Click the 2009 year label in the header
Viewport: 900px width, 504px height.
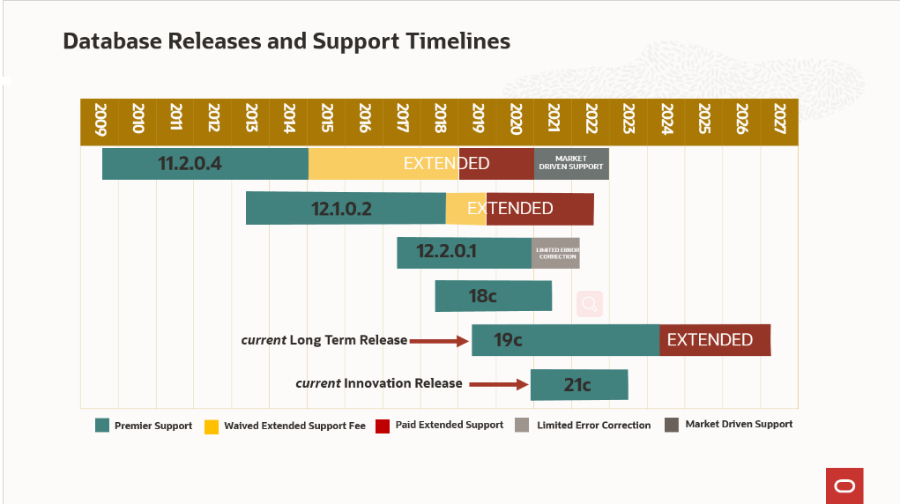tap(100, 118)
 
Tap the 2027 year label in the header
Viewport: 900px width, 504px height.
tap(779, 118)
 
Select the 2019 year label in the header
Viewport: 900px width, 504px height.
tap(478, 118)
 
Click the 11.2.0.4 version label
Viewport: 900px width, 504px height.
tap(190, 164)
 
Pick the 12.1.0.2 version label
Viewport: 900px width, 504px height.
tap(341, 209)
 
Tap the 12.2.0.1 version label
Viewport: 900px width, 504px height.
tap(446, 252)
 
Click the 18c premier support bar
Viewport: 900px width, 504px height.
tap(493, 296)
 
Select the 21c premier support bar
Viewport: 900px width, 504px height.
tap(578, 385)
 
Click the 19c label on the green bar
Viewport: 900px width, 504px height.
tap(508, 340)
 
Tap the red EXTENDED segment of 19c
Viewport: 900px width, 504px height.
tap(714, 340)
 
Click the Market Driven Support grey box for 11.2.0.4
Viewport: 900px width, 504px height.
tap(571, 164)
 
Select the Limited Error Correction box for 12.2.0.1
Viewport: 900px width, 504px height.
tap(556, 253)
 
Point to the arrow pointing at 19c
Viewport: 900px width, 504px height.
tap(439, 341)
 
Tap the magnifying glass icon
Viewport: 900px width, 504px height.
tap(590, 304)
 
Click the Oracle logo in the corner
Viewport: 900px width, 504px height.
tap(844, 485)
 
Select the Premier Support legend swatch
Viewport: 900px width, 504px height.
tap(102, 426)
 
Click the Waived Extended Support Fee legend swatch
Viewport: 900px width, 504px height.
tap(212, 426)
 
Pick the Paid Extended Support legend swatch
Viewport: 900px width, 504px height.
tap(383, 426)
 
